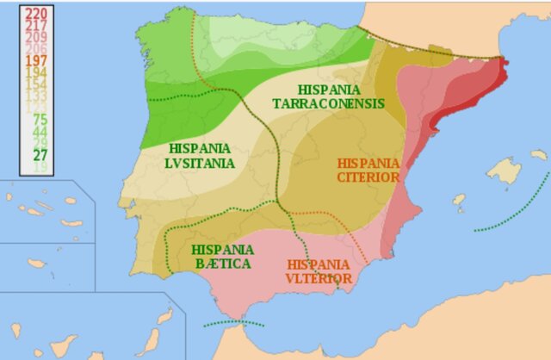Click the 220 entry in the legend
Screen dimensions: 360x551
[35, 14]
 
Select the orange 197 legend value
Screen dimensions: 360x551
[35, 61]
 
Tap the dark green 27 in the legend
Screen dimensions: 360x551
[40, 155]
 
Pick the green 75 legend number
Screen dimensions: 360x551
[40, 120]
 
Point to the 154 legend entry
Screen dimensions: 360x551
[35, 85]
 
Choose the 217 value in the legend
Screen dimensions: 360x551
[35, 26]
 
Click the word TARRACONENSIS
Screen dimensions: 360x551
[328, 103]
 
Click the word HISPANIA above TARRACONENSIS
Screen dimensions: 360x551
[328, 90]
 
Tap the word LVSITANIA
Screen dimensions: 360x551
[201, 163]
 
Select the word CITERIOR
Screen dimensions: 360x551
[368, 177]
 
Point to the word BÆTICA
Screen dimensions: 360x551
[221, 263]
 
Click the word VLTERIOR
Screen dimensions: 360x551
[319, 278]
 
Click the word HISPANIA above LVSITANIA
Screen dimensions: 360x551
[201, 148]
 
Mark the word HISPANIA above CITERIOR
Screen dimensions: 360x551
[368, 163]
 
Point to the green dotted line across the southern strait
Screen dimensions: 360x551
[232, 325]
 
